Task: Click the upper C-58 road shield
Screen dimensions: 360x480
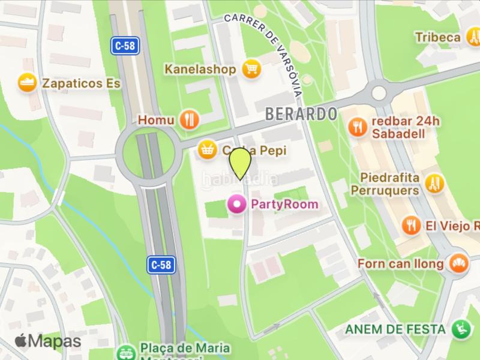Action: [x=125, y=46]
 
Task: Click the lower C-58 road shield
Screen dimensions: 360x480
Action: [x=161, y=263]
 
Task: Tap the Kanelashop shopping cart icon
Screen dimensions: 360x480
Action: [x=251, y=70]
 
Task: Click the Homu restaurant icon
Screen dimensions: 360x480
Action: [x=190, y=119]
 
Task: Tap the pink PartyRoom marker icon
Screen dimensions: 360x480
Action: [x=238, y=205]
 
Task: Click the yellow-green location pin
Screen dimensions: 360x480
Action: [x=239, y=161]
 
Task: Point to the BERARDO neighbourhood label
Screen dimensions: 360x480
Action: [x=301, y=113]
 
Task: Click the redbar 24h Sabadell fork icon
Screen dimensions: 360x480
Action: [x=358, y=126]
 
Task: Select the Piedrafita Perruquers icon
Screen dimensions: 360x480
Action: [x=434, y=184]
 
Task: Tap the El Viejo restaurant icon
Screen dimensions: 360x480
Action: [x=411, y=226]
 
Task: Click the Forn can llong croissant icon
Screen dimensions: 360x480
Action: [x=459, y=263]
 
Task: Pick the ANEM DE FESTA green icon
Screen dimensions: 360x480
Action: [x=461, y=329]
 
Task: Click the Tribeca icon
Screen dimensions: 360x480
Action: [x=472, y=37]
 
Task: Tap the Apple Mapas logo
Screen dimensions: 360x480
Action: [x=47, y=341]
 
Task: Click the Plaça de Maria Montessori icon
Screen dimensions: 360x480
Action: [x=126, y=352]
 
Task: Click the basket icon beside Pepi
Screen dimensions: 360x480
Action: [x=208, y=149]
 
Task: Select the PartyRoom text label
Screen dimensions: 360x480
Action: [x=284, y=205]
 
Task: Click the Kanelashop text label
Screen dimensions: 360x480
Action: [x=200, y=70]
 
